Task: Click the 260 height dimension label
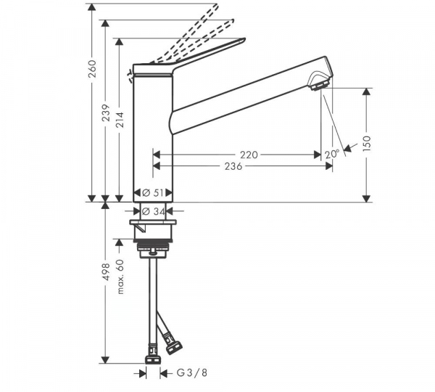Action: pyautogui.click(x=92, y=70)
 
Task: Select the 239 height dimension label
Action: pyautogui.click(x=106, y=115)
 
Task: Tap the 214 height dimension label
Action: pyautogui.click(x=119, y=121)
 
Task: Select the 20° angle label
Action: pyautogui.click(x=331, y=154)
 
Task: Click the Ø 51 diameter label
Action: pyautogui.click(x=153, y=192)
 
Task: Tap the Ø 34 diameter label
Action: pyautogui.click(x=153, y=211)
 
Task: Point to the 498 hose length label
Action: pyautogui.click(x=106, y=271)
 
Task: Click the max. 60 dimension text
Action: pyautogui.click(x=120, y=278)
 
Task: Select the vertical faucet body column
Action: pyautogui.click(x=154, y=138)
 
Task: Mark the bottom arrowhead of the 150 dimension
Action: pyautogui.click(x=367, y=198)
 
